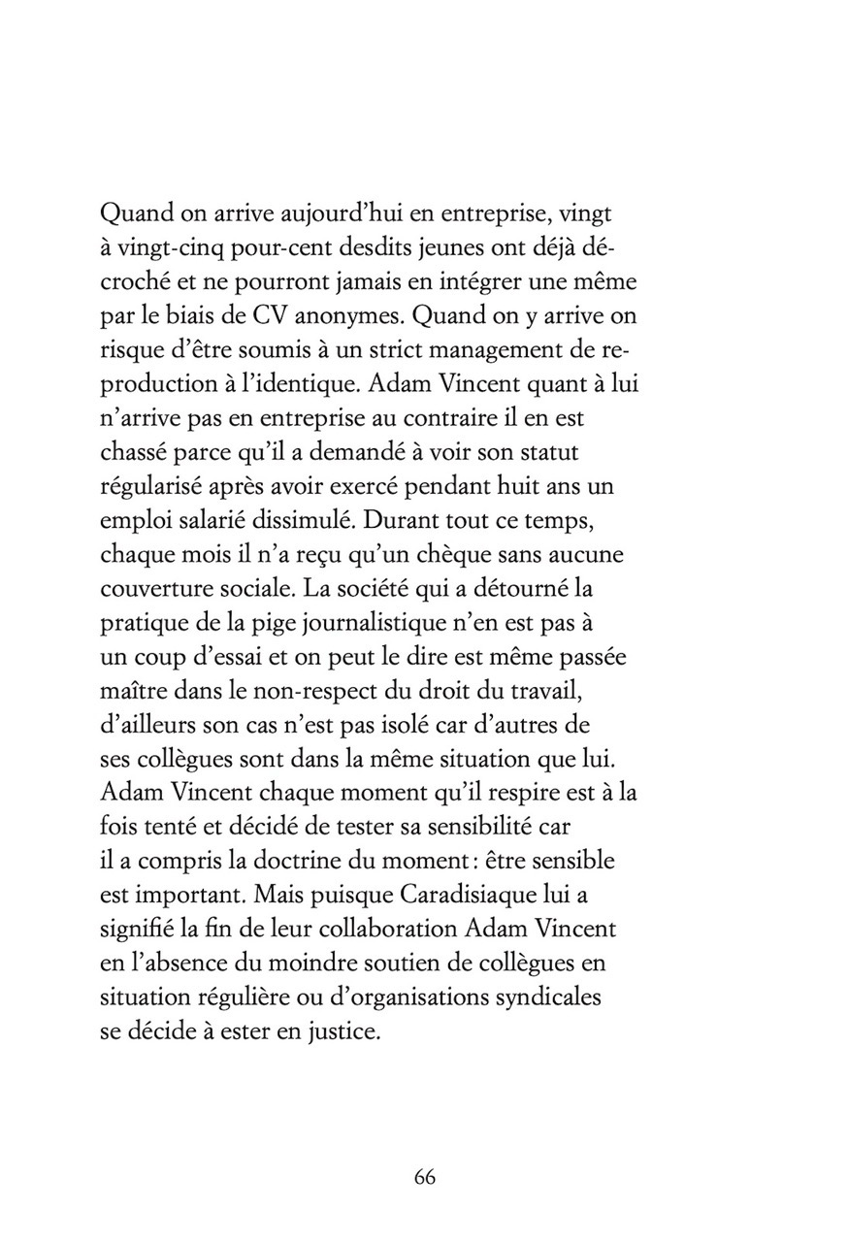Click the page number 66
[424, 1177]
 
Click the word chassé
[138, 454]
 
